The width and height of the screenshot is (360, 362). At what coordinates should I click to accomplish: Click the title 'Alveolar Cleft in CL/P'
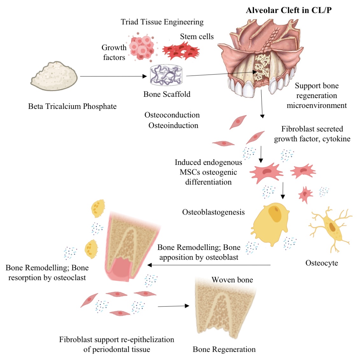pos(289,10)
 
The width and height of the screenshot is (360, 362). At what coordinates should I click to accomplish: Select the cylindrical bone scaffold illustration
pos(166,75)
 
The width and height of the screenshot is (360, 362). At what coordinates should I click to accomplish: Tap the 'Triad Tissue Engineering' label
pos(162,22)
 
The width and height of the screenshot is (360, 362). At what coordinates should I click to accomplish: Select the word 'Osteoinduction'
pos(173,125)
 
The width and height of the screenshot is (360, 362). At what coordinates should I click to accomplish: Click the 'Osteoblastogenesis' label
pos(213,212)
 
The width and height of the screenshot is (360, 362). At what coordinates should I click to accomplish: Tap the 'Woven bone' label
pos(232,280)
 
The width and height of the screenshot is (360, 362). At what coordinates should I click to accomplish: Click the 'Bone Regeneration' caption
pos(224,349)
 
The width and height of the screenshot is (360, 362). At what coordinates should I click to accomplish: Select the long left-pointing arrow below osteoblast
pos(209,265)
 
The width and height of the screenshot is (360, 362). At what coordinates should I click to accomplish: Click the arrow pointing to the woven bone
pos(173,306)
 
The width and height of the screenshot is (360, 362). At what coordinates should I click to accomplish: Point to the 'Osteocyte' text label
pos(321,263)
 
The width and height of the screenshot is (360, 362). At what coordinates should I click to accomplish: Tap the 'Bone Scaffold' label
pos(167,94)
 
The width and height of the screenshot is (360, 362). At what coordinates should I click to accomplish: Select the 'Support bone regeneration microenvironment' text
pos(316,96)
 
